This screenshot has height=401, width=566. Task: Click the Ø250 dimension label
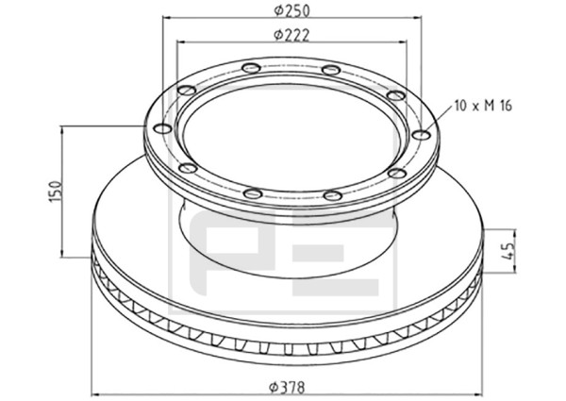(291, 10)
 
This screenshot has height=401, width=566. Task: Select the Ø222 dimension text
(291, 35)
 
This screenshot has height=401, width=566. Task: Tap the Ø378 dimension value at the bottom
(287, 388)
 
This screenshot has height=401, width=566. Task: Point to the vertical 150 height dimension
(56, 192)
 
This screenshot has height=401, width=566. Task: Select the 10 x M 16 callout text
(483, 106)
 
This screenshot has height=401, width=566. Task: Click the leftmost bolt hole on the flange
(162, 129)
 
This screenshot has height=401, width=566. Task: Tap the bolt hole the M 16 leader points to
(421, 135)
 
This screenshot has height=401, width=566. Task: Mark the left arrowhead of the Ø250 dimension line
(166, 17)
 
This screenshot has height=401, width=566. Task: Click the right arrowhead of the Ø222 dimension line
(403, 42)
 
